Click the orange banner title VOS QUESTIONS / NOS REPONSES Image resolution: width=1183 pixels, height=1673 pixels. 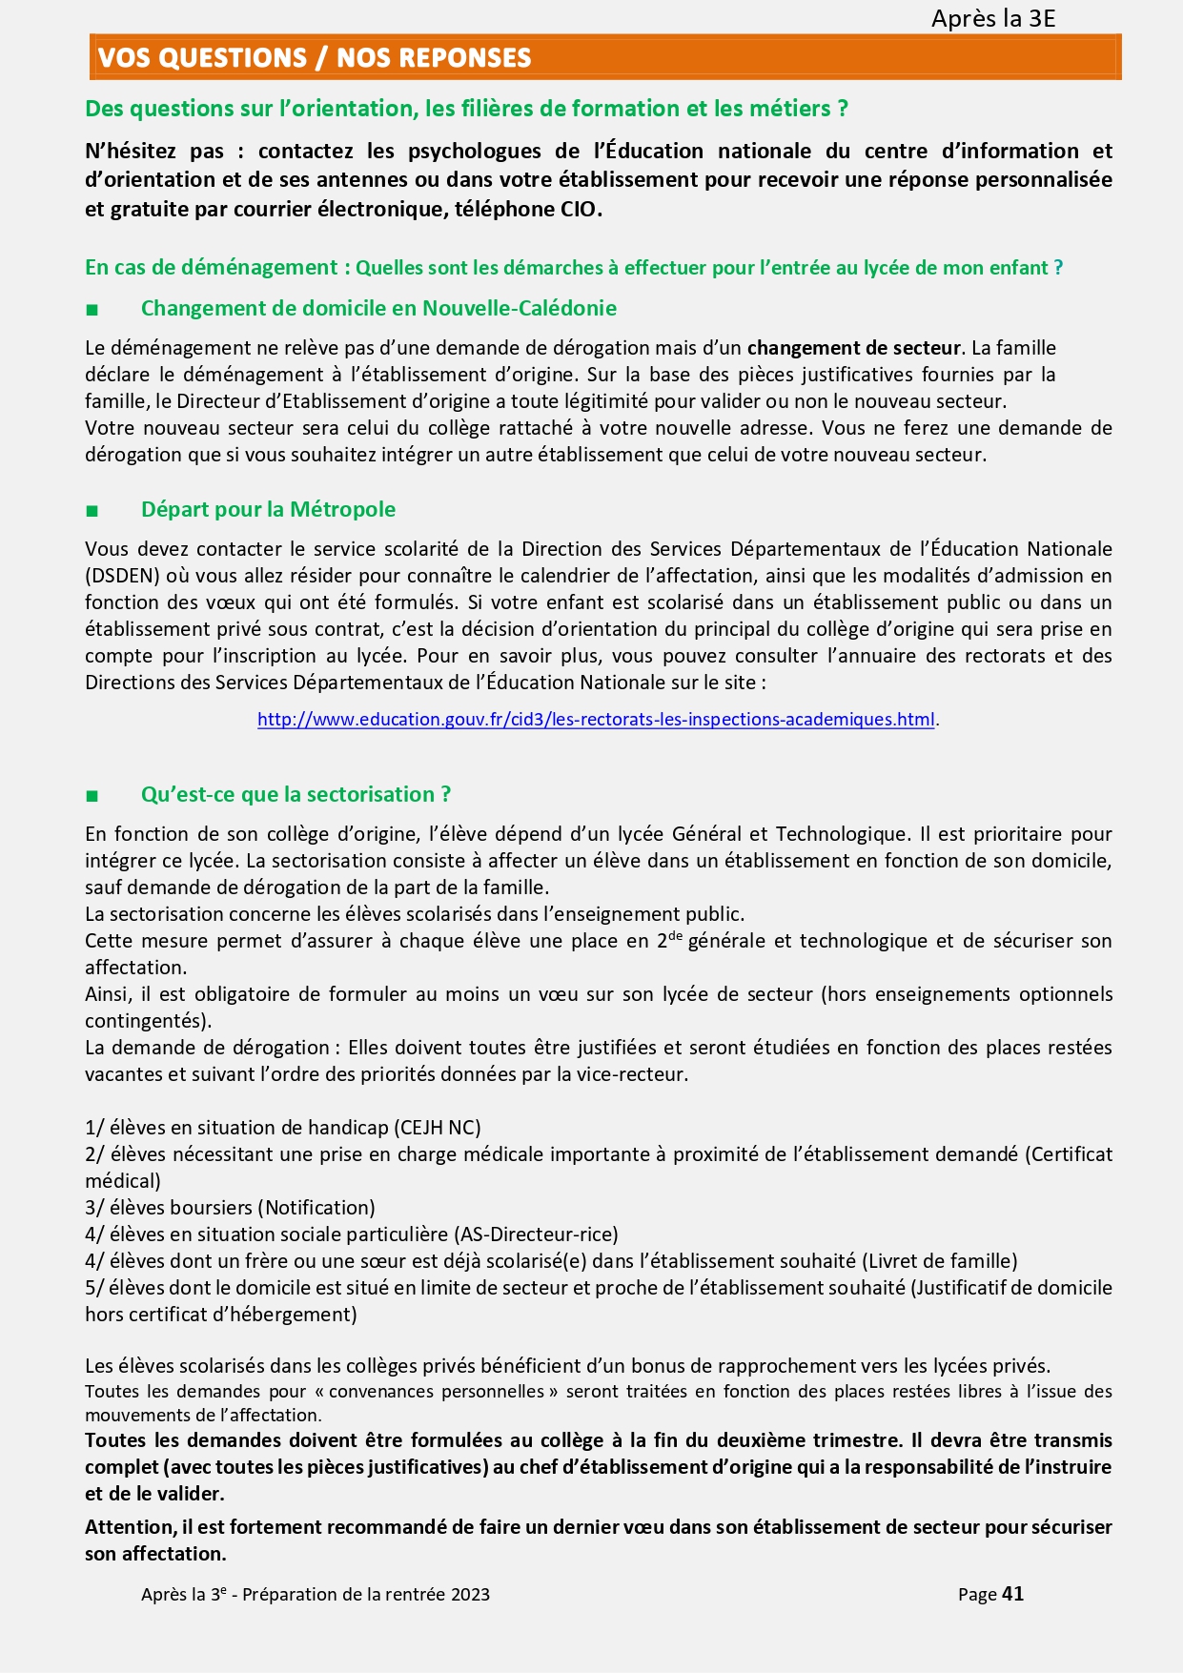point(315,58)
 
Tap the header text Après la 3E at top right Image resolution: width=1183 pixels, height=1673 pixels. point(993,18)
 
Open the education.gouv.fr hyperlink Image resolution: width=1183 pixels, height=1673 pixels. point(596,720)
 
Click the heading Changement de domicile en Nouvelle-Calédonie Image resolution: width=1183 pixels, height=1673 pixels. point(378,308)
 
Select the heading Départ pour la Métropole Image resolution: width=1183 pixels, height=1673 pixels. point(268,509)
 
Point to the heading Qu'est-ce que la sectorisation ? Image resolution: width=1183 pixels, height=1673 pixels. point(296,794)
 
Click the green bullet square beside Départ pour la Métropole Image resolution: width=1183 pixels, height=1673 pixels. point(92,511)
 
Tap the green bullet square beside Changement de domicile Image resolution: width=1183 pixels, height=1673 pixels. point(92,310)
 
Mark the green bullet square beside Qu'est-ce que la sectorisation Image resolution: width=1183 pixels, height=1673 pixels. point(92,796)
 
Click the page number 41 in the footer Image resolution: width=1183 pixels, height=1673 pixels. point(1013,1594)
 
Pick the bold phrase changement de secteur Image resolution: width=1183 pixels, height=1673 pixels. point(855,348)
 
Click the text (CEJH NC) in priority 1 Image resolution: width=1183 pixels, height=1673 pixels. point(438,1128)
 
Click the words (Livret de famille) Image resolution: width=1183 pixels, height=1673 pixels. point(940,1261)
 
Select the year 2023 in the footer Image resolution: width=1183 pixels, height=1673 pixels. point(471,1595)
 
